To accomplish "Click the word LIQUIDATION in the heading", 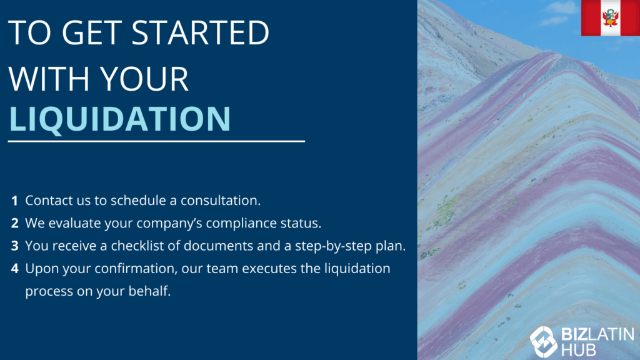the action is (x=120, y=119).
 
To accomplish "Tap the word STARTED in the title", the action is (x=201, y=32).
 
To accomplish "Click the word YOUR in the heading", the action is (x=144, y=78).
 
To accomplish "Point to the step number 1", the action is (x=15, y=201).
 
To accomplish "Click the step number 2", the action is (x=15, y=223).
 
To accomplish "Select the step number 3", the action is (x=15, y=246).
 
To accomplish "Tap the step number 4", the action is (x=15, y=269).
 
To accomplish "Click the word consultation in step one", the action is (x=221, y=201).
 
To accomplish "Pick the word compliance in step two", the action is (x=241, y=224).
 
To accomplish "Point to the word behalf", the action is (x=150, y=291).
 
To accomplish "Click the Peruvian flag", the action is (x=611, y=18).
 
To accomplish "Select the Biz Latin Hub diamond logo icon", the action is (x=544, y=342).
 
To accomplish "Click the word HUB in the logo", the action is (x=579, y=351).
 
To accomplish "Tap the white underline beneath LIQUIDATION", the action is (x=156, y=141).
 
